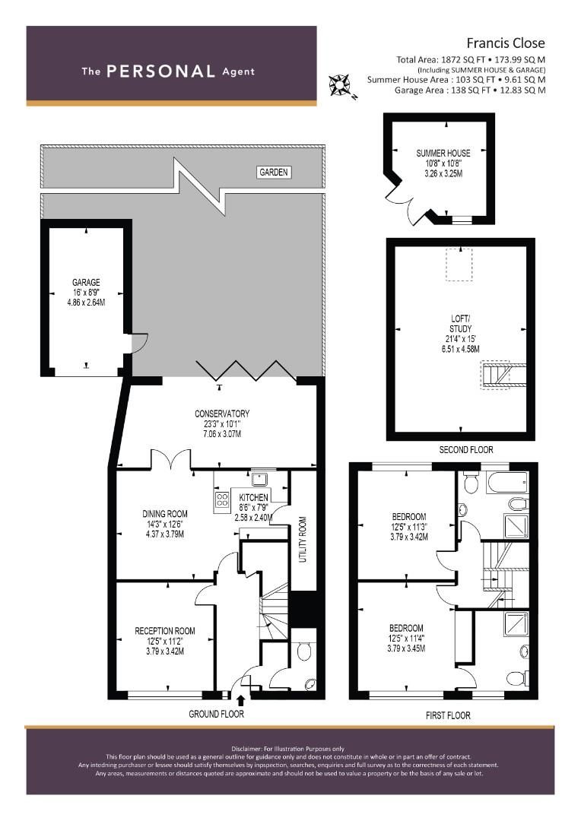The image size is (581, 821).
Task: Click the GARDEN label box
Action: click(x=274, y=173)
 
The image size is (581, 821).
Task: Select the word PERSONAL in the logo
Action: click(x=161, y=71)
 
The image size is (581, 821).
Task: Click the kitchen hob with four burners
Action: click(x=224, y=499)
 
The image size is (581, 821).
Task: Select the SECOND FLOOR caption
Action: click(x=461, y=450)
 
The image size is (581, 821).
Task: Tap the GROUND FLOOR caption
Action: click(x=217, y=715)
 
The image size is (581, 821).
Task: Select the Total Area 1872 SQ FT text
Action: click(x=471, y=59)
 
